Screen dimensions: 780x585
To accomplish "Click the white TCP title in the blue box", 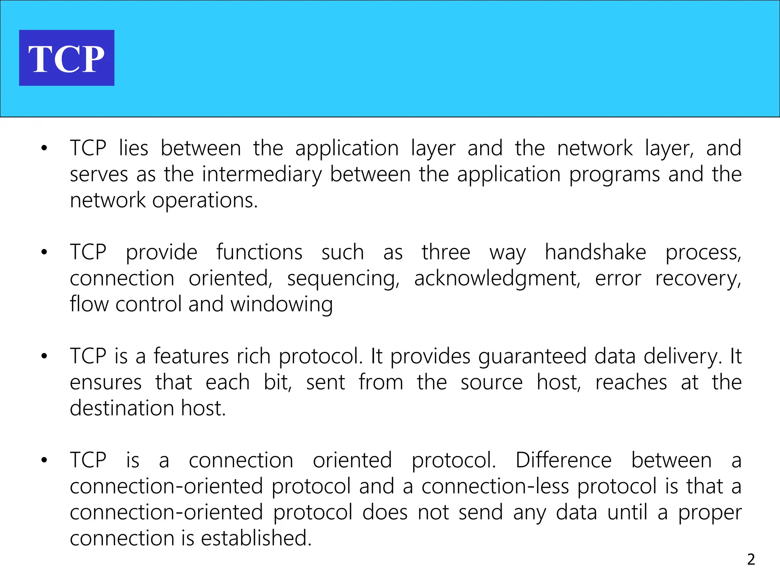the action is coord(66,59).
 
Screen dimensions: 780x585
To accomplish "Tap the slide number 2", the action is coord(751,559).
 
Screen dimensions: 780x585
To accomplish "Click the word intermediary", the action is coord(262,175).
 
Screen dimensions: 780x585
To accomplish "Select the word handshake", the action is coord(595,252).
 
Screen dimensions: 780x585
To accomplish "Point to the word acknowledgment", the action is coord(497,279).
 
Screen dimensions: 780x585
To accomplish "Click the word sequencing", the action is coord(343,279).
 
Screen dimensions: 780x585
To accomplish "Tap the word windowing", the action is coord(281,305).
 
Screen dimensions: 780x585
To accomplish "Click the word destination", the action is coord(122,408).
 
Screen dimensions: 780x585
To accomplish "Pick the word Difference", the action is coord(563,460).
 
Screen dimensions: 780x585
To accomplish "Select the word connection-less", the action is coord(495,486).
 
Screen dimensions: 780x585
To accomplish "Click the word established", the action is coord(256,538).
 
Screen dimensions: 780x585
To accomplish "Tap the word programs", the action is coord(614,175).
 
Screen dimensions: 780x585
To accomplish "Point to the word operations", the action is coord(205,201).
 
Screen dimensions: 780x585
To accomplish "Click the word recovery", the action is coord(698,279).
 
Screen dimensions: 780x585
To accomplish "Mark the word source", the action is coord(491,382).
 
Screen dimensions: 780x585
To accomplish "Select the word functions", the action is coord(259,252).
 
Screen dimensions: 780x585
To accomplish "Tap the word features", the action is coord(191,356).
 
